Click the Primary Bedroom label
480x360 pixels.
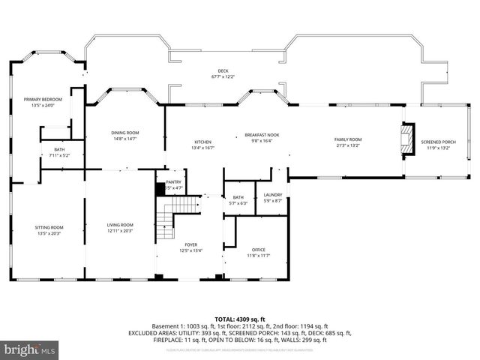coord(41,99)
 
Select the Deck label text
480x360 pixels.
coord(223,70)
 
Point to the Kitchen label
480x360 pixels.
coord(202,142)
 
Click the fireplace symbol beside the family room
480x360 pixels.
coord(406,139)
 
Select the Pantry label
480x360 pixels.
coord(173,181)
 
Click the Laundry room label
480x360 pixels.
coord(273,195)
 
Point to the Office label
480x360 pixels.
coord(258,250)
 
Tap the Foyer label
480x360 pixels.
coord(192,244)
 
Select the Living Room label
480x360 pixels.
coord(120,225)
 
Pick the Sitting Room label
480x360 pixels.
coord(49,227)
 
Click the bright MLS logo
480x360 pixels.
coord(29,349)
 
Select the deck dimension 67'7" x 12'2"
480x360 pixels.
coord(223,76)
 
